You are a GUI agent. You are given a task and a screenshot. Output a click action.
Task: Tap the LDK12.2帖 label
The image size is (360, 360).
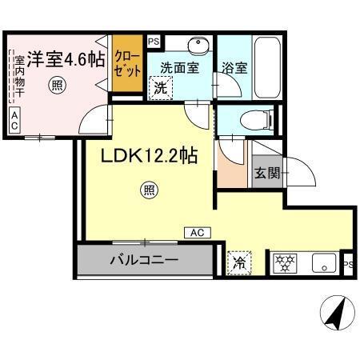[149, 157]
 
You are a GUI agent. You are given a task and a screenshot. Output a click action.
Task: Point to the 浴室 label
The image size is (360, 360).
[236, 69]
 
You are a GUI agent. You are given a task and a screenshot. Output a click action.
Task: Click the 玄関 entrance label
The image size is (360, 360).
[266, 174]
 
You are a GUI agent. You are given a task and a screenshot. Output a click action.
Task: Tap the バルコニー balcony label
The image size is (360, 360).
[144, 260]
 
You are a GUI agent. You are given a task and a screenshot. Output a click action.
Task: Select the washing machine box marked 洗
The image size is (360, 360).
[161, 87]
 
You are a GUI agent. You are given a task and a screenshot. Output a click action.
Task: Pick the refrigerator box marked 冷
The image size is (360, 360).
[238, 262]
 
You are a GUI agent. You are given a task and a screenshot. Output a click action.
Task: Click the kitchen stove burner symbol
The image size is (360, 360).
[284, 262]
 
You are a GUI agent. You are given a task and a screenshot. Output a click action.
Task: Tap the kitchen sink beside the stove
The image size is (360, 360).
[323, 262]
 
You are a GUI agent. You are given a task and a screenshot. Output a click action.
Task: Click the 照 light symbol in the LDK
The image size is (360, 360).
[148, 190]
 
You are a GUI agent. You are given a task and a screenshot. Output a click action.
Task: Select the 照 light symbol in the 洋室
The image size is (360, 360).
[56, 83]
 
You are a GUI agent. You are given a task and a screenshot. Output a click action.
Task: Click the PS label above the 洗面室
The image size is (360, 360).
[154, 39]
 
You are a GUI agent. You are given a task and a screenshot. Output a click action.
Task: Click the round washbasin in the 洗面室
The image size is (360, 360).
[197, 45]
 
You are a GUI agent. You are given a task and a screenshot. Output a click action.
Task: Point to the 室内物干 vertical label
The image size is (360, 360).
[17, 77]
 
